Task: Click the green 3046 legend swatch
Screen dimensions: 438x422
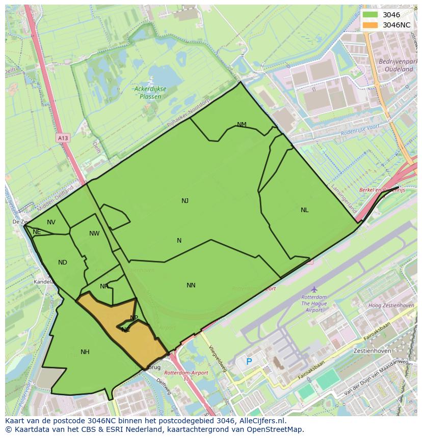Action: coord(371,15)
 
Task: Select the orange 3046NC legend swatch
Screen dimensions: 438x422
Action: coord(371,25)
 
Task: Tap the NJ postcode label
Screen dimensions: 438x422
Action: coord(185,201)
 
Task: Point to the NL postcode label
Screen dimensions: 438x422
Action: coord(304,210)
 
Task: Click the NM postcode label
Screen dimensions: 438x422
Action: coord(242,125)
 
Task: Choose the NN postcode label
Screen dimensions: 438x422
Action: coord(191,285)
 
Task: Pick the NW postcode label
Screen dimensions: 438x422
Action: coord(94,233)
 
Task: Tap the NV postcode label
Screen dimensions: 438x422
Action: coord(51,222)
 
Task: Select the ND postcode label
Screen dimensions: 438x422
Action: coord(63,262)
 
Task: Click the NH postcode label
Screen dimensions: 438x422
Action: coord(85,352)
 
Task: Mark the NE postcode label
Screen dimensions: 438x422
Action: coord(37,232)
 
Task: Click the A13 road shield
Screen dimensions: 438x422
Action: coord(63,138)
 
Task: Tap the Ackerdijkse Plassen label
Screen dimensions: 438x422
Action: coord(150,92)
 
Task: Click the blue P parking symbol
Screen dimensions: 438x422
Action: coord(249,362)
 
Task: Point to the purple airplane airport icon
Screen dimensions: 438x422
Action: coord(314,289)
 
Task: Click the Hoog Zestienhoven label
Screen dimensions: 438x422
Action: coord(391,306)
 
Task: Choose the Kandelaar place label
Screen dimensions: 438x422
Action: coord(44,281)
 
